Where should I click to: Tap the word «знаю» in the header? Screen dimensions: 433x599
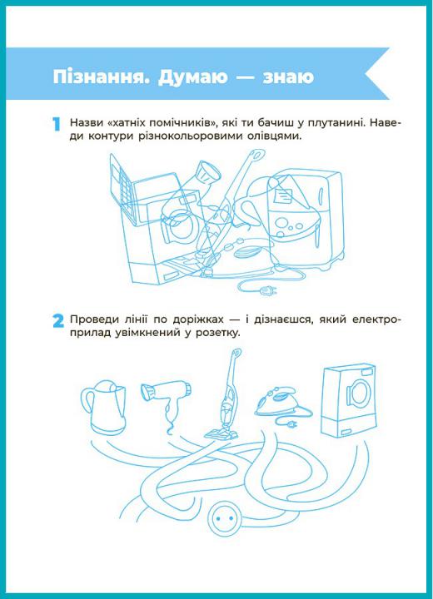288,77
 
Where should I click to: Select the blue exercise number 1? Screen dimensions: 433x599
57,124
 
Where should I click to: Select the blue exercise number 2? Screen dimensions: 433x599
58,320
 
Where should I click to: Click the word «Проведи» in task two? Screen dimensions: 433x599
92,319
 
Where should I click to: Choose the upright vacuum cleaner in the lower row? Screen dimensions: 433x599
226,394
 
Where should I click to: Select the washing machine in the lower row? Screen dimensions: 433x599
348,400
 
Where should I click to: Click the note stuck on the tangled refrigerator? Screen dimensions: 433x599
283,196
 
